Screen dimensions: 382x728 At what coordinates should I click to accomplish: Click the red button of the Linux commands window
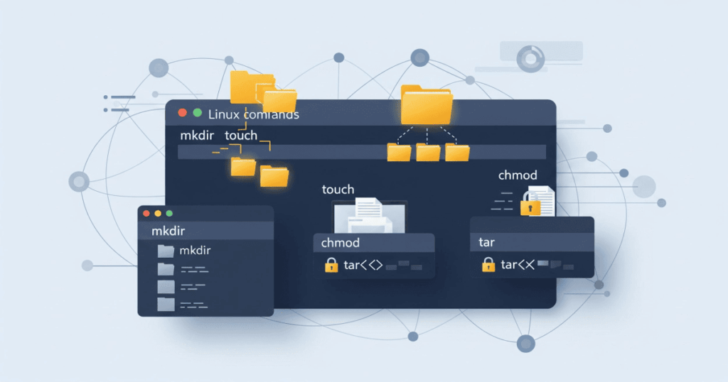tap(182, 113)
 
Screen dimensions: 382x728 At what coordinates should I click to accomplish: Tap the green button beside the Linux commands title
tap(197, 113)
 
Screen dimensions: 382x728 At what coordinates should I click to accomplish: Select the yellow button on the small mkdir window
tap(157, 213)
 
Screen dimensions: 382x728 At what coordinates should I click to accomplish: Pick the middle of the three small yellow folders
tap(428, 152)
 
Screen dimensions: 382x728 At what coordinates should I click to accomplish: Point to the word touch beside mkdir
tap(241, 135)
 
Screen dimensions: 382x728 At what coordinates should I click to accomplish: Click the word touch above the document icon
tap(338, 190)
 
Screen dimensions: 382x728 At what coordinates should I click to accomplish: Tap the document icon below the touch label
tap(368, 212)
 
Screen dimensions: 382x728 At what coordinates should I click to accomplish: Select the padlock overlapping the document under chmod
tap(530, 204)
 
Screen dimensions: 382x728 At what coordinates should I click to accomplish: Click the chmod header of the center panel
tap(341, 243)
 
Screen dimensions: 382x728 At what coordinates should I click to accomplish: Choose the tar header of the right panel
tap(487, 242)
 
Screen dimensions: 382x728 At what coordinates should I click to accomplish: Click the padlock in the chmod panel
tap(331, 266)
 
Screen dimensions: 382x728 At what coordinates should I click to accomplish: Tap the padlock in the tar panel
tap(488, 265)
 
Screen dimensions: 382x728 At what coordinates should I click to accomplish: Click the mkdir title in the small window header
tap(168, 231)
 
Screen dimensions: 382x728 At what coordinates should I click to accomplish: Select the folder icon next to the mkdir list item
tap(166, 251)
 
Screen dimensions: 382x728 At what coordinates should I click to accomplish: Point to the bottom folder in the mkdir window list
tap(166, 305)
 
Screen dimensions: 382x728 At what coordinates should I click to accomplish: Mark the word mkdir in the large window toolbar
tap(198, 135)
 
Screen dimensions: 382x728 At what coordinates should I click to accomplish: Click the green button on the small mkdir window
tap(168, 213)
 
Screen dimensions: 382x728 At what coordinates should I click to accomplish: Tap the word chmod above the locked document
tap(518, 175)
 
